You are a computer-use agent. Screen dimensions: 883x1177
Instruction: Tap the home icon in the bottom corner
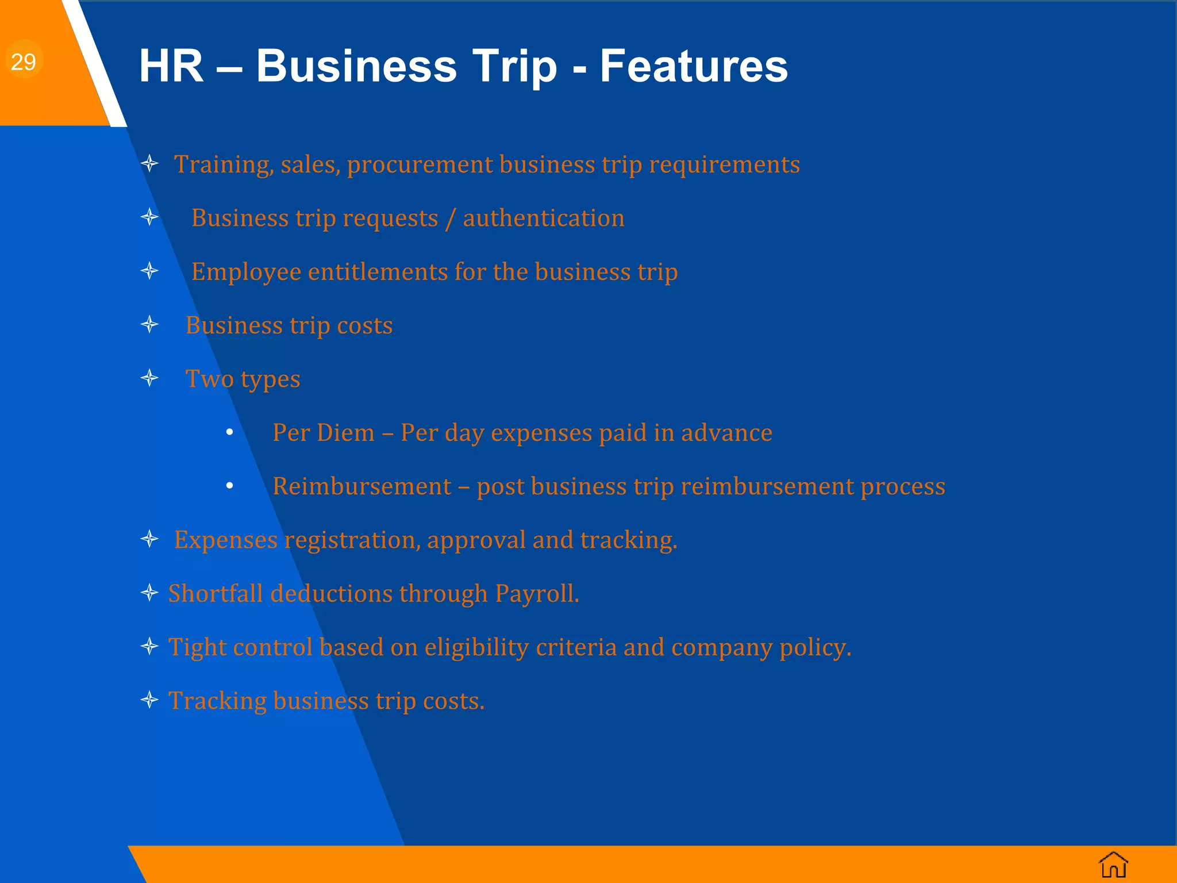(1113, 865)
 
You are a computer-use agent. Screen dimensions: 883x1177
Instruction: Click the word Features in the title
(694, 66)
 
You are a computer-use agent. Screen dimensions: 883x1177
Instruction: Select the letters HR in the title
(171, 66)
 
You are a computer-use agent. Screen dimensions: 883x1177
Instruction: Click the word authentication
(543, 218)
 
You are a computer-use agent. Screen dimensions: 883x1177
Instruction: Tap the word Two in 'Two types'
(209, 379)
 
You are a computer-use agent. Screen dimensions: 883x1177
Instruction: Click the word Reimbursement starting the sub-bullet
(361, 486)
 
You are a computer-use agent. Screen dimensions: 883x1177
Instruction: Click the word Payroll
(537, 594)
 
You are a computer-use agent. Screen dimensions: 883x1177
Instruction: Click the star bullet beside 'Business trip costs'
(149, 325)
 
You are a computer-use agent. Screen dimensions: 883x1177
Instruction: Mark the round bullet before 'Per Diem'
(229, 432)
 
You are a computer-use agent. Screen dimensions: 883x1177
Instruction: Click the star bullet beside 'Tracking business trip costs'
(149, 700)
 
